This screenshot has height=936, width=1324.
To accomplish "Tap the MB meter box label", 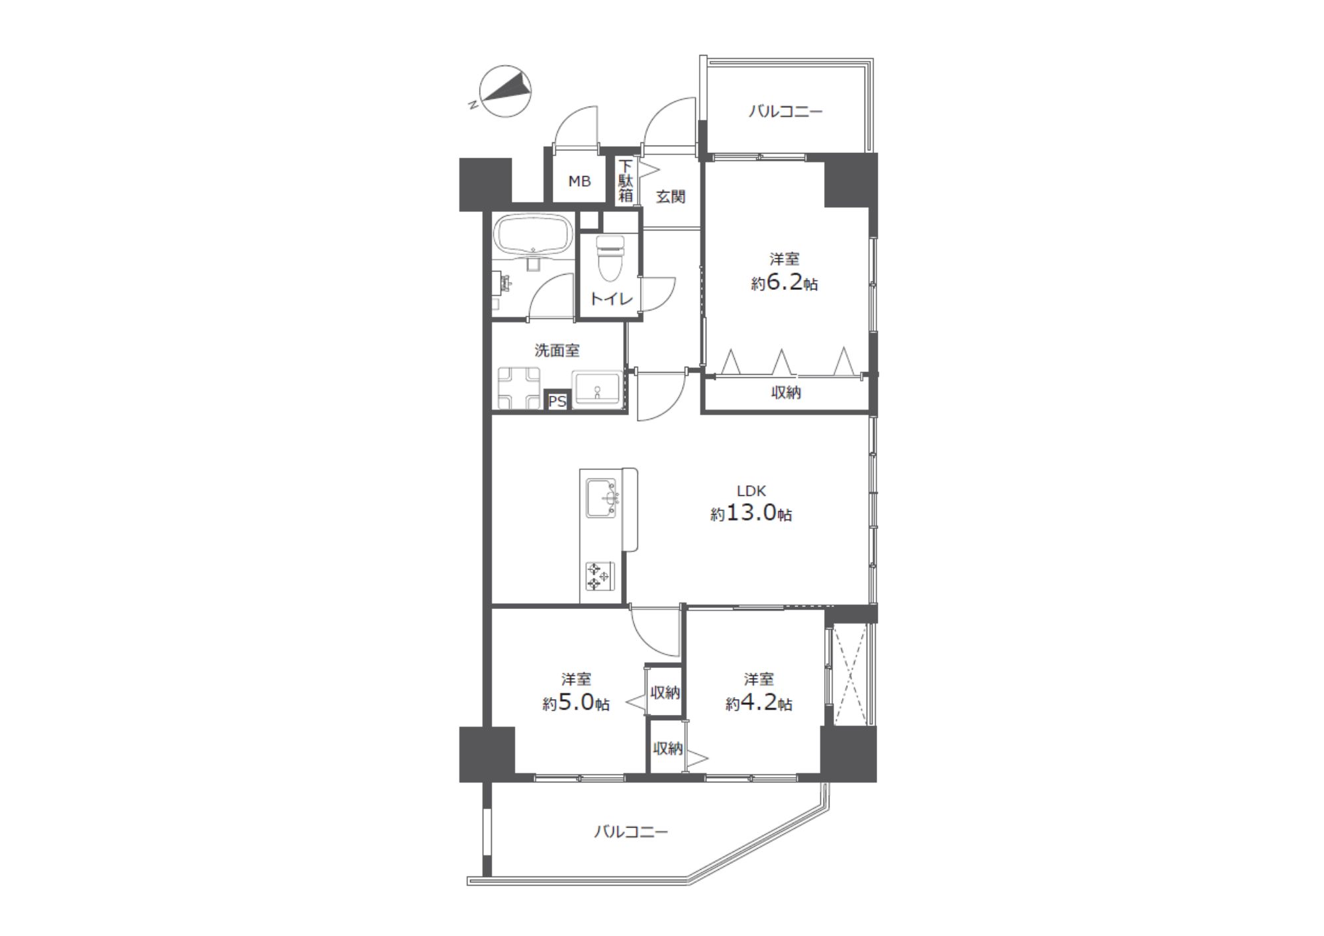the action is [579, 181].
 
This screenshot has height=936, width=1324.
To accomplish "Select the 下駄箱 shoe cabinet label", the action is [626, 181].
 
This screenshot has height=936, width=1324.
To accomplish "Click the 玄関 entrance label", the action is [670, 197].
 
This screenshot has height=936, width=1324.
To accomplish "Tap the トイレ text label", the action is [612, 299].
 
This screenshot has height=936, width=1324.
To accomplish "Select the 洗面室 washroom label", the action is [557, 350].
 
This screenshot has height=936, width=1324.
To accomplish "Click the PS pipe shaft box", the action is [557, 401].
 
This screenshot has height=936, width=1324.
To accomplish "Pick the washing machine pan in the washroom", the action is [520, 389].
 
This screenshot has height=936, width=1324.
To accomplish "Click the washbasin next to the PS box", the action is [597, 389].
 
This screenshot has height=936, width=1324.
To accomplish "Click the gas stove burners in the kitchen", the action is [600, 576].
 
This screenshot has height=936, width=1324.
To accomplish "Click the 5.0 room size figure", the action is [576, 703].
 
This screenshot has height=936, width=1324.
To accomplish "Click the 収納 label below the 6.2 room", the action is [786, 393].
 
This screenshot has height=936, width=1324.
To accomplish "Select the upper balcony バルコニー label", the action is [786, 111].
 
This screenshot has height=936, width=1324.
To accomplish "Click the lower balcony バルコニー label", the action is [631, 831].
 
